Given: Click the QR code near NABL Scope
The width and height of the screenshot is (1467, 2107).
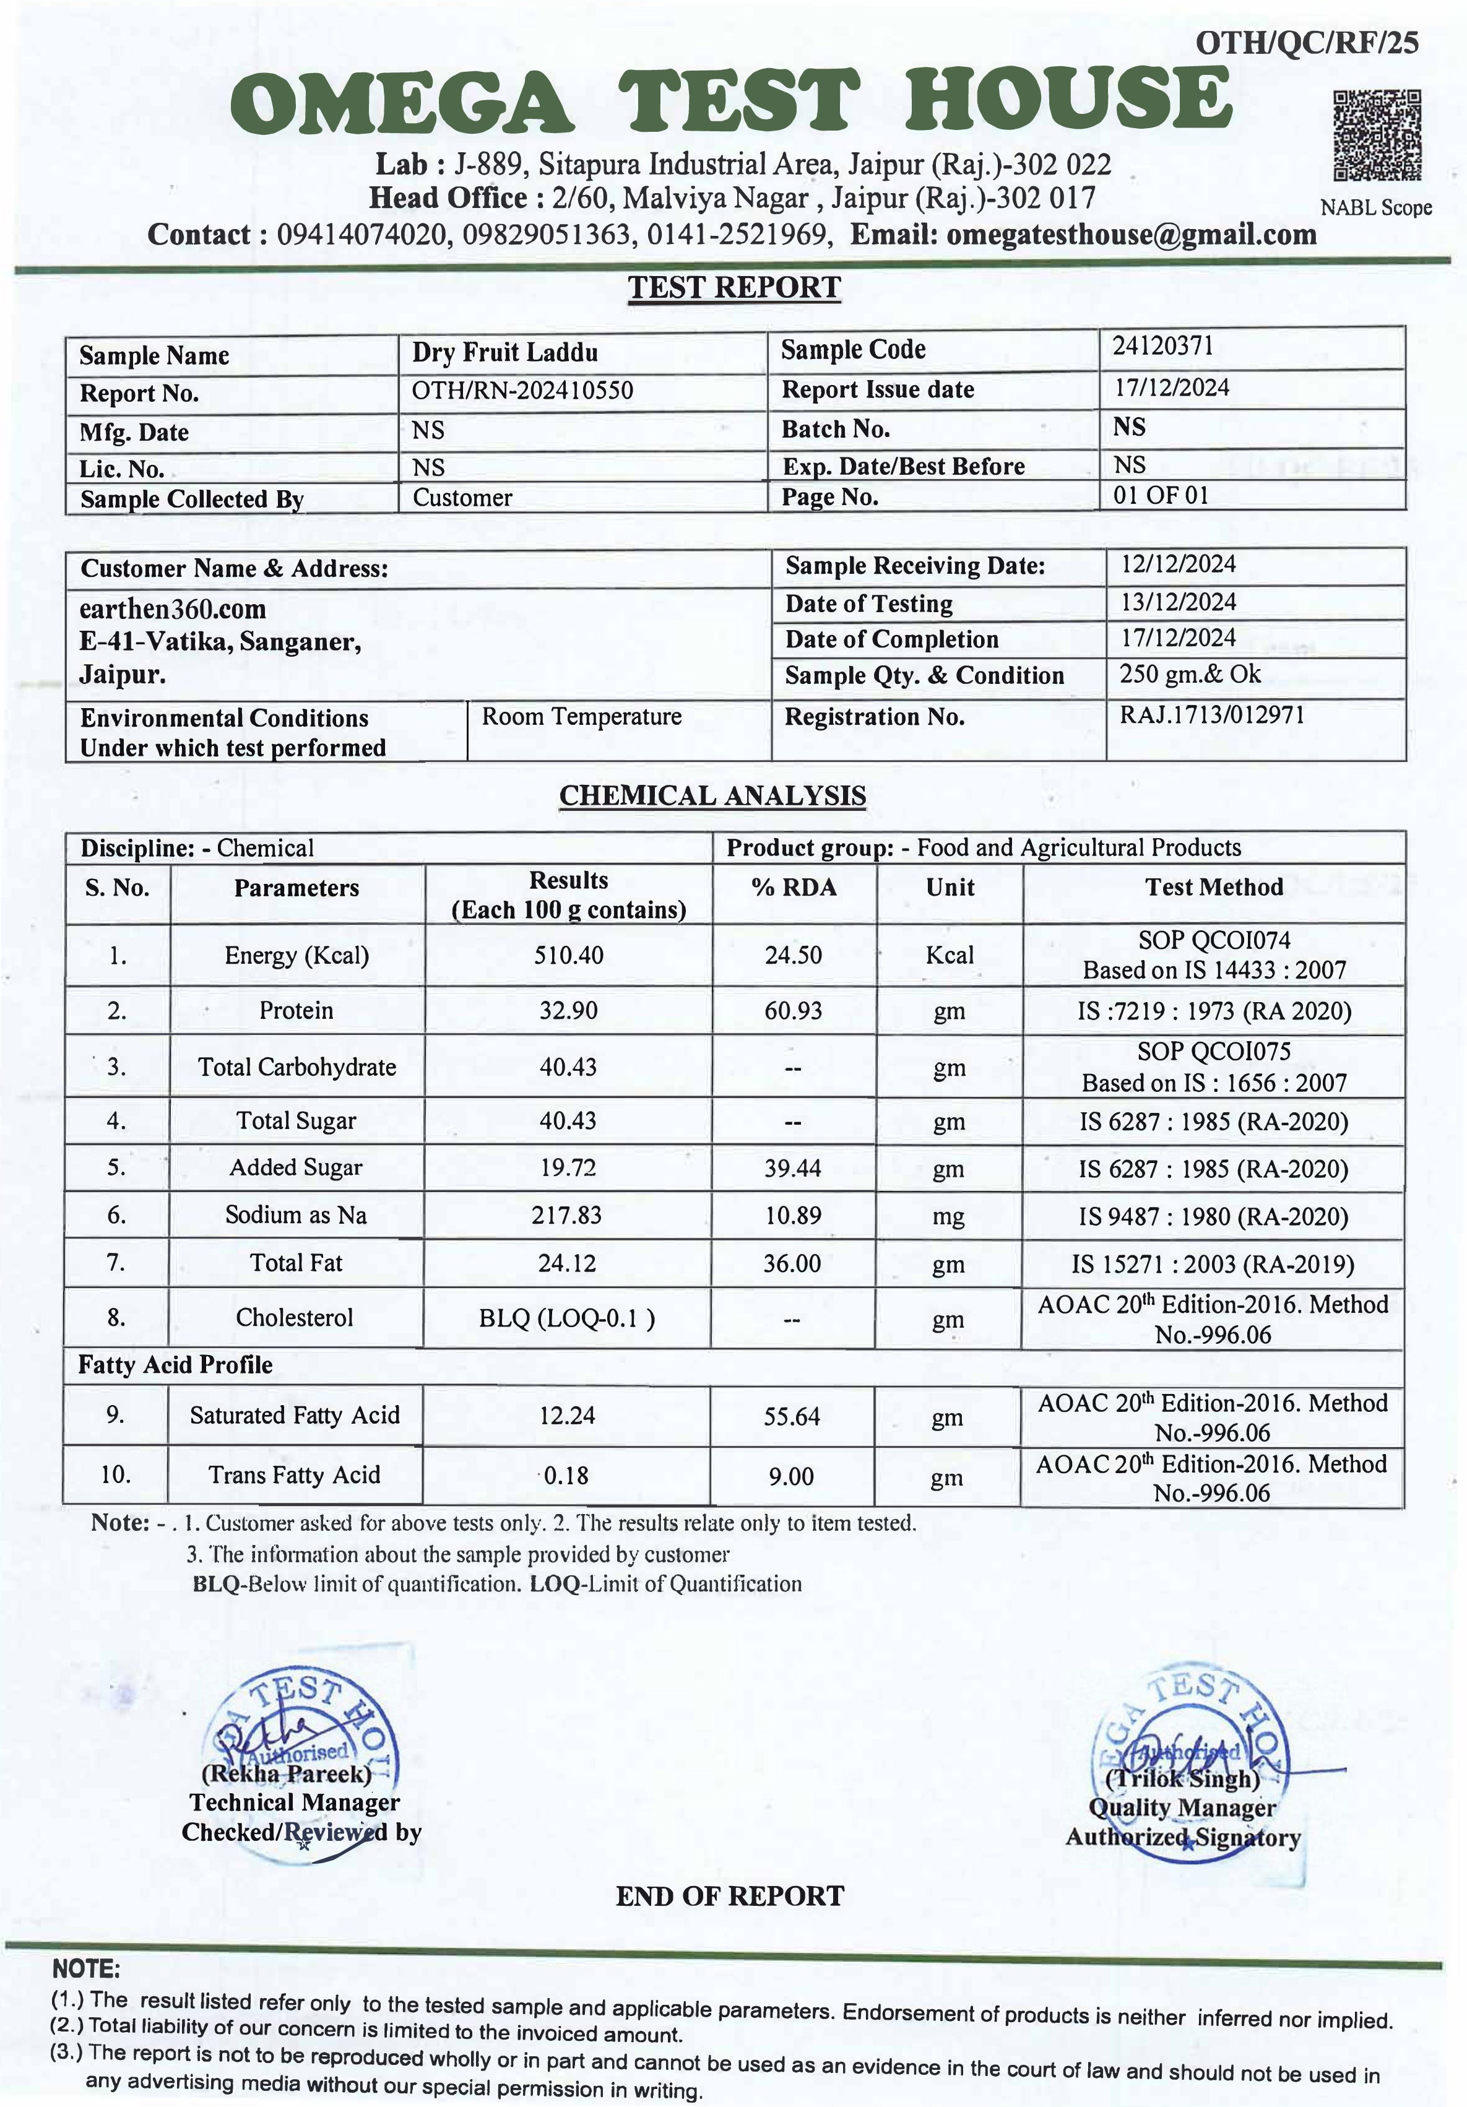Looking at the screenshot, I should [1376, 135].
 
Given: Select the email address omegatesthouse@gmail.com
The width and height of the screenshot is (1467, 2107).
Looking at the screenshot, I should [1132, 235].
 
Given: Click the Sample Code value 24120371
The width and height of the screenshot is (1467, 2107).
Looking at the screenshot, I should [1162, 346].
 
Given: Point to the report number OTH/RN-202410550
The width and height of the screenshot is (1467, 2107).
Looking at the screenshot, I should [522, 391].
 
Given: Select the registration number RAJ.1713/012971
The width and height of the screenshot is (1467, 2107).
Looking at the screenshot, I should [1211, 715].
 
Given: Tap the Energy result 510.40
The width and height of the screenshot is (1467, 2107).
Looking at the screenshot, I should [569, 955].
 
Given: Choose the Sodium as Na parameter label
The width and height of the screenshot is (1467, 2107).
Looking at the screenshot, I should [296, 1215].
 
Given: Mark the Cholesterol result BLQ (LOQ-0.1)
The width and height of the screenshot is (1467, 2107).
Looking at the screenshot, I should [567, 1318].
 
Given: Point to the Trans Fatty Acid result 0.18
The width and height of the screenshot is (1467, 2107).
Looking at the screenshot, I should [566, 1476].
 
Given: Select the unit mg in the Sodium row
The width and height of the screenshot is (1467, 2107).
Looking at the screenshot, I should [949, 1217].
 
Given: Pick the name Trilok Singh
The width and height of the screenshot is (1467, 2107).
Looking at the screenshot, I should [1183, 1778].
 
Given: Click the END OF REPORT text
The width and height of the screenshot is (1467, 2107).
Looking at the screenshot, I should [729, 1896].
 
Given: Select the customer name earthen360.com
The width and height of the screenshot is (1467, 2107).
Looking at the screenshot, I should [173, 609].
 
